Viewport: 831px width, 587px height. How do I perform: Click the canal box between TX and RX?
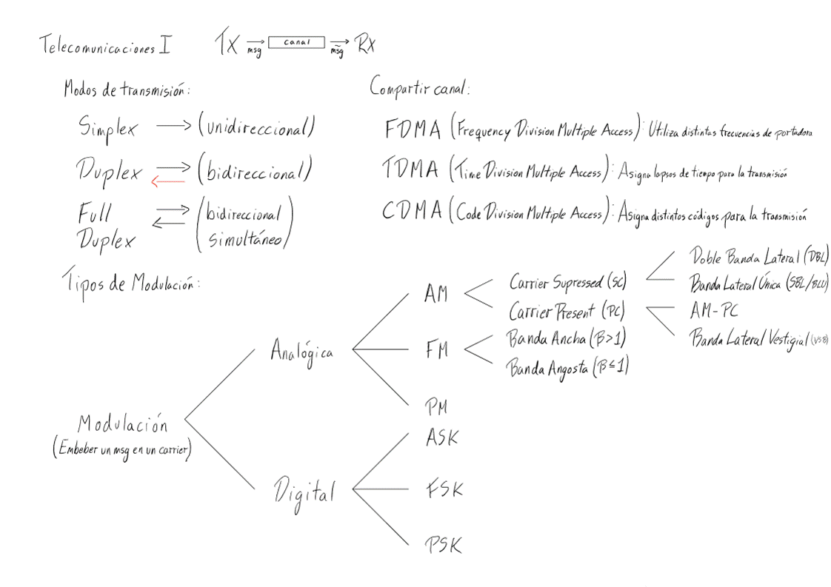(296, 43)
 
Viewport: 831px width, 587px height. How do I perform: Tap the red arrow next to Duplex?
(167, 181)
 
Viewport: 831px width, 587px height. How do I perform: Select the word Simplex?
(107, 127)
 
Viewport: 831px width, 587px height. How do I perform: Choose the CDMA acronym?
(412, 212)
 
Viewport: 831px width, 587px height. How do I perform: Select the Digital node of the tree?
(304, 492)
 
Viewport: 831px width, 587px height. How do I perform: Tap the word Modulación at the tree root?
(123, 424)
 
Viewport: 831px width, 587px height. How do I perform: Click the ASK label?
(442, 437)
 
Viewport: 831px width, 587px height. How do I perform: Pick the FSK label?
(444, 490)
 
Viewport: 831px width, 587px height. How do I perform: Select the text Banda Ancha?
(544, 340)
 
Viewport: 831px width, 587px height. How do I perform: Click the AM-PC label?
(713, 309)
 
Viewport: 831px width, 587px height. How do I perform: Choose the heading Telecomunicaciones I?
(104, 47)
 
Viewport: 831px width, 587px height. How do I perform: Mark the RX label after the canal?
(366, 45)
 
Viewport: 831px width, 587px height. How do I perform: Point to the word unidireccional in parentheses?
(257, 127)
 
